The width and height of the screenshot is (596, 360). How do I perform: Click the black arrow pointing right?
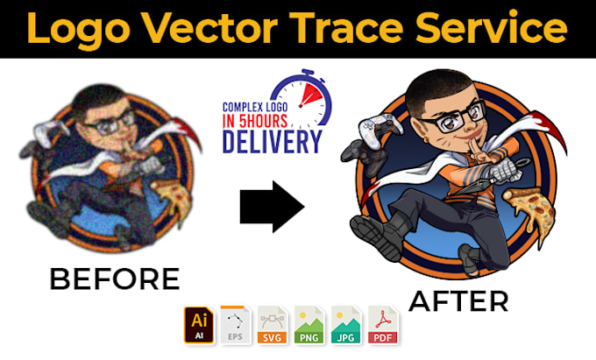point(272,207)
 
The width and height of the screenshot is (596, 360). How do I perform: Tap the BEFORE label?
point(114,279)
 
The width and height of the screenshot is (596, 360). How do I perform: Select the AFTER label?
point(458,300)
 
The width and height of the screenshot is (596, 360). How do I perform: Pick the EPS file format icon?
point(233,325)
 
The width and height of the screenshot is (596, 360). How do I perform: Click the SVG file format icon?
point(271,325)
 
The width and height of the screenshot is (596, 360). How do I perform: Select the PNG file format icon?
point(309,325)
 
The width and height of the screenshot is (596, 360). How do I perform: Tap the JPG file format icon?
point(346,325)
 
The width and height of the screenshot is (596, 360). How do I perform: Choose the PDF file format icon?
point(383,325)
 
